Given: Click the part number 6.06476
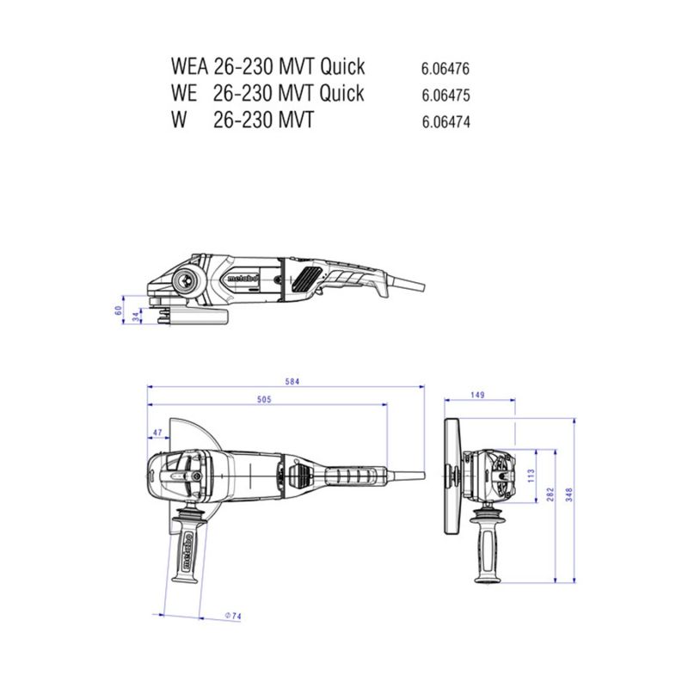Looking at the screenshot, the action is coord(445,69).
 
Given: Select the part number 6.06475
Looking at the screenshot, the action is coord(445,95).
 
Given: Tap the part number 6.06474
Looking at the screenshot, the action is coord(445,121).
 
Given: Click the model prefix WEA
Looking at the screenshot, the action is coord(188,66).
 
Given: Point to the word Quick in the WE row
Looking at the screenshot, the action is coord(341,94).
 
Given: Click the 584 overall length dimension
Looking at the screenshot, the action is coord(292,381).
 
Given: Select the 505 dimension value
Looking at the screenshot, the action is coord(264,399).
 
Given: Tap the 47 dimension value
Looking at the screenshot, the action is coord(157,433).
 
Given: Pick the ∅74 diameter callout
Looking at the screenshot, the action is coord(233,616).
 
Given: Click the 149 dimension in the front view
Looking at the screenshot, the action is coord(477,395).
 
